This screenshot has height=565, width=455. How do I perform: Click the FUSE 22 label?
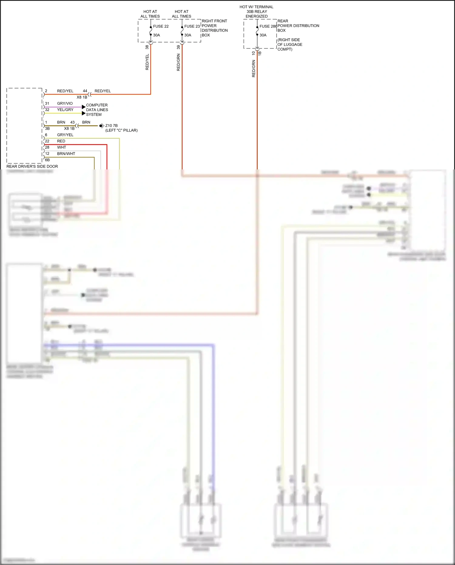point(161,26)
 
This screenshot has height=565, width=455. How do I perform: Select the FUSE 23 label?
point(192,26)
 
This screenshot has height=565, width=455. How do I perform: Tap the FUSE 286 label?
point(268,26)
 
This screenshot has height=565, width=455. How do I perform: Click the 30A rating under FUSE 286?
point(263,35)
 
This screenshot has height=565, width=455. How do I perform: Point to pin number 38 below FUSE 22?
point(147,47)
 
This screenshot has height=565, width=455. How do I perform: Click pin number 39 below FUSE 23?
point(178,47)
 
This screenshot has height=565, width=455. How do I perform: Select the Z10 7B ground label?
point(111,126)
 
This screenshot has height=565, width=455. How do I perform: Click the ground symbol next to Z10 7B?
point(102,126)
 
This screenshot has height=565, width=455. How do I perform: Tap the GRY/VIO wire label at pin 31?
point(65,104)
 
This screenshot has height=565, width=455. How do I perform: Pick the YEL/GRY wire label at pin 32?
point(65,110)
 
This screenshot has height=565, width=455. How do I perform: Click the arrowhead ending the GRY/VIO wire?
point(84,107)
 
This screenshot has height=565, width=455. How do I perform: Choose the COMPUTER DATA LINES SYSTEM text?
point(97,110)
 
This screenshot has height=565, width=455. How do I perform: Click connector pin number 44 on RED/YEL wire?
point(85,91)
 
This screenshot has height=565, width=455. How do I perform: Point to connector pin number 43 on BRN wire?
point(72,122)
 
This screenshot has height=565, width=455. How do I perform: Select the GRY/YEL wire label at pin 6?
point(65,135)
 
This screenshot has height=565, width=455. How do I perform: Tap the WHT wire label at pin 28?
point(62,148)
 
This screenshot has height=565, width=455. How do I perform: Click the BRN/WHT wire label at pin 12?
point(66,154)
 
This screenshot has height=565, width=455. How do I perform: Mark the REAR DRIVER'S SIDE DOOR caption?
point(32,166)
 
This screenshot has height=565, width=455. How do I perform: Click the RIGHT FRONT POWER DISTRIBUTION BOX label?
point(214,28)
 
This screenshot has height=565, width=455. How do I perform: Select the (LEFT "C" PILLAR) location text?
point(121,131)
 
